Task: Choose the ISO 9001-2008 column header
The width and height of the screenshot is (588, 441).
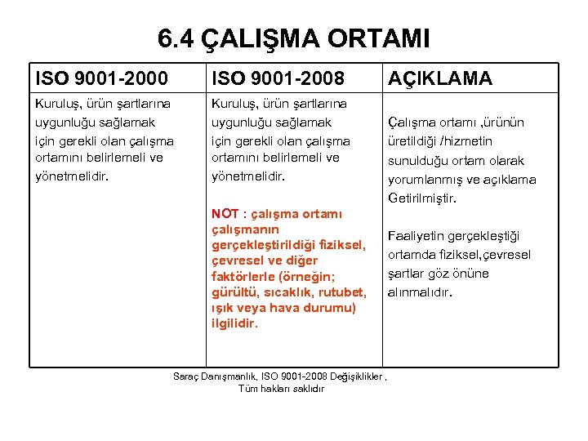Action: (x=278, y=78)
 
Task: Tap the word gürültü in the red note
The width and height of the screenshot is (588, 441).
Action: (x=234, y=292)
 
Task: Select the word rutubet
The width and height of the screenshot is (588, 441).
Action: (x=343, y=292)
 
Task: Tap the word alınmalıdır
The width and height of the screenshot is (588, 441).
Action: (x=420, y=292)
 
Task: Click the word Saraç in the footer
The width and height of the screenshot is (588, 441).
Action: (x=188, y=376)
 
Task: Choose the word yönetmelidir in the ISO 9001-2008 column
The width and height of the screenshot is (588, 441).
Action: (x=247, y=176)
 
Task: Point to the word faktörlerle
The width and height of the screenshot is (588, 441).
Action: (x=243, y=276)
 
